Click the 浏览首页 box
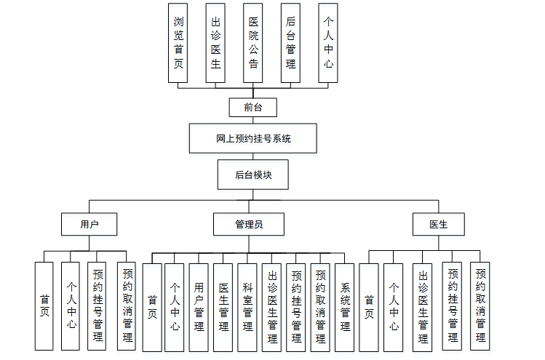coord(178,43)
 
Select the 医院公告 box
coord(253,43)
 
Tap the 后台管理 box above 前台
coord(291,43)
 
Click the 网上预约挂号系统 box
coord(253,138)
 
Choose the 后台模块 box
coord(253,175)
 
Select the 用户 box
coord(89,224)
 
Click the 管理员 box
coord(249,224)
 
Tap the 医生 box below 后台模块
coord(439,224)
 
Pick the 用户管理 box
coord(199,307)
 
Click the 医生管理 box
coord(223,307)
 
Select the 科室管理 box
coord(248,307)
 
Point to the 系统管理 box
coord(345,307)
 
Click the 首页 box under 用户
coord(45,305)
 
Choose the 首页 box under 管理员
coord(151,307)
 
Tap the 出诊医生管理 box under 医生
coord(423,305)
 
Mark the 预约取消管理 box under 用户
coord(127,305)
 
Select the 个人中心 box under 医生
coord(394,305)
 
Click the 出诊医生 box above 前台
coord(215,43)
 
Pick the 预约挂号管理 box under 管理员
coord(296,307)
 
